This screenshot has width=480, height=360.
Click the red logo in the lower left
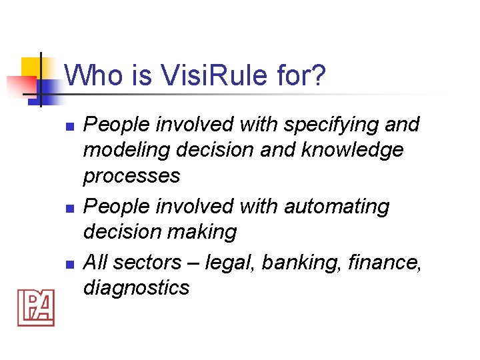coord(35,307)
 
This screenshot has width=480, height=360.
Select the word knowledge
coord(352,150)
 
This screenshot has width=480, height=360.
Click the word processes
coord(131,176)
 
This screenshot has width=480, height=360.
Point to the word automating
coord(337,207)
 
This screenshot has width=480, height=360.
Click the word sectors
coord(147,263)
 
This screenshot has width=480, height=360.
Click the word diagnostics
coord(136,288)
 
